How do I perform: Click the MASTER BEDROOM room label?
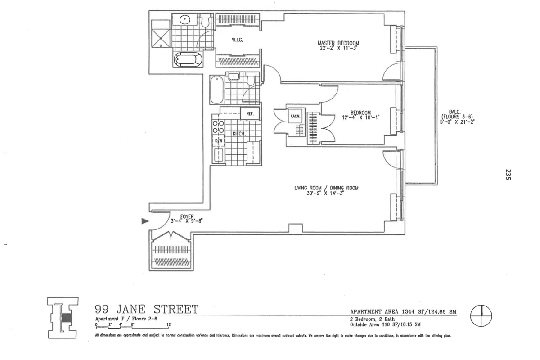(x=338, y=43)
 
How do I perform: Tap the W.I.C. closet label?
(x=238, y=40)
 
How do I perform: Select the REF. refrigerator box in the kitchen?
(x=250, y=114)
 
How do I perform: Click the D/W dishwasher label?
(x=219, y=141)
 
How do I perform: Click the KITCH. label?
(x=239, y=134)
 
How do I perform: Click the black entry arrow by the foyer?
(x=144, y=221)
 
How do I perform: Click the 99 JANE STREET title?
(x=146, y=309)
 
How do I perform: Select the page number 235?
(x=508, y=175)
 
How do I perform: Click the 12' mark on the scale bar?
(x=169, y=324)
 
